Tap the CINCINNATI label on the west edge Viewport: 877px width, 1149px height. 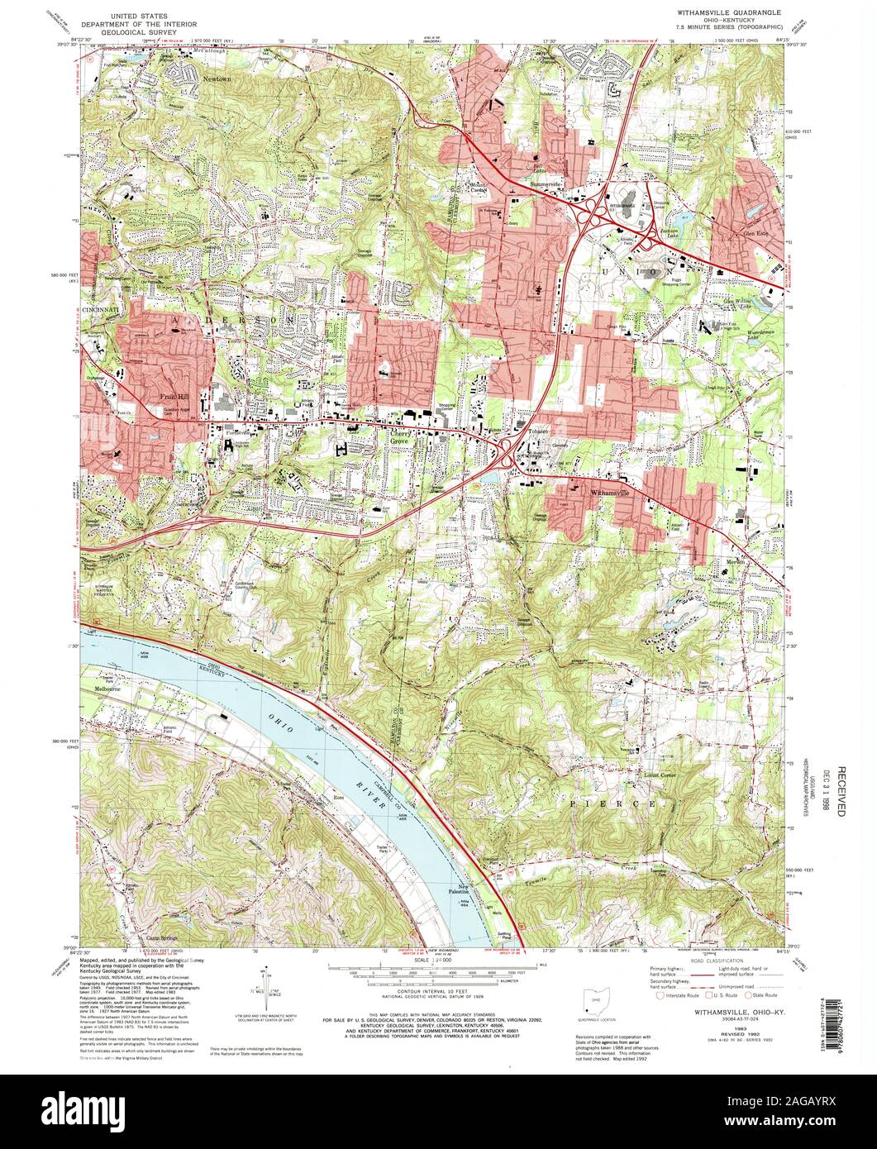[98, 308]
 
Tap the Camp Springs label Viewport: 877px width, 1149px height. [161, 939]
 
